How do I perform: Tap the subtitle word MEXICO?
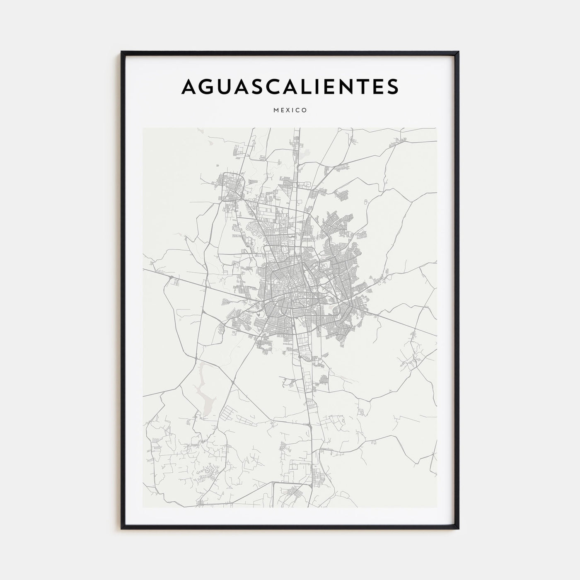click(x=290, y=111)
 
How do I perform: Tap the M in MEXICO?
click(x=276, y=111)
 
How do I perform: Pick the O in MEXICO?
click(x=304, y=111)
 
